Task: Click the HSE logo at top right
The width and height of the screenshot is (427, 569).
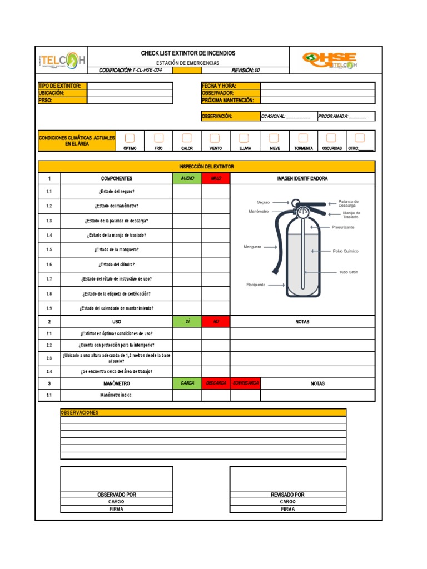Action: click(x=330, y=60)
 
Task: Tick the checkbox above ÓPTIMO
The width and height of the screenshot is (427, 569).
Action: click(x=130, y=138)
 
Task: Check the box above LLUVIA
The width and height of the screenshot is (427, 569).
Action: click(x=244, y=138)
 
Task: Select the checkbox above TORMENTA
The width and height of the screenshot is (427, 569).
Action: click(x=303, y=138)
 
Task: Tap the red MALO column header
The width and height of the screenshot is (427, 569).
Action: click(x=216, y=178)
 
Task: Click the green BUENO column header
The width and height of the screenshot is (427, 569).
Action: click(x=187, y=178)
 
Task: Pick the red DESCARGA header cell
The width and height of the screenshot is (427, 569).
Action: click(x=216, y=383)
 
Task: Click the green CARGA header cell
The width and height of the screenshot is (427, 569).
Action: click(x=187, y=383)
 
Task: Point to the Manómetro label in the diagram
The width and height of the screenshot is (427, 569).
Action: click(x=259, y=212)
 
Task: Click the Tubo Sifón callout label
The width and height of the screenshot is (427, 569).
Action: click(x=349, y=272)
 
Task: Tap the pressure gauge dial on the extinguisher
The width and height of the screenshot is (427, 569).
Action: click(x=303, y=212)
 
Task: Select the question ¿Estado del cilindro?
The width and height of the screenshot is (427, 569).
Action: click(x=116, y=264)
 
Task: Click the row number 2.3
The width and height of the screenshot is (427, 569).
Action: click(x=49, y=358)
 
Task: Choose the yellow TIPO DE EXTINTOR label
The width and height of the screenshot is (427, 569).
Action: click(x=62, y=86)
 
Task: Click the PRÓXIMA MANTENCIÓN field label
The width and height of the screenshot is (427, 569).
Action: click(x=227, y=101)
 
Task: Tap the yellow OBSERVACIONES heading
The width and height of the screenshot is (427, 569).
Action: click(x=80, y=412)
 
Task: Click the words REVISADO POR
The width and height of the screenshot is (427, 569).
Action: click(x=287, y=495)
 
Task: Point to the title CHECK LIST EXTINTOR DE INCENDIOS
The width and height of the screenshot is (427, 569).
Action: click(x=188, y=53)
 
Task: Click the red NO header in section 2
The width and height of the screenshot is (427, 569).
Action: click(x=216, y=322)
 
